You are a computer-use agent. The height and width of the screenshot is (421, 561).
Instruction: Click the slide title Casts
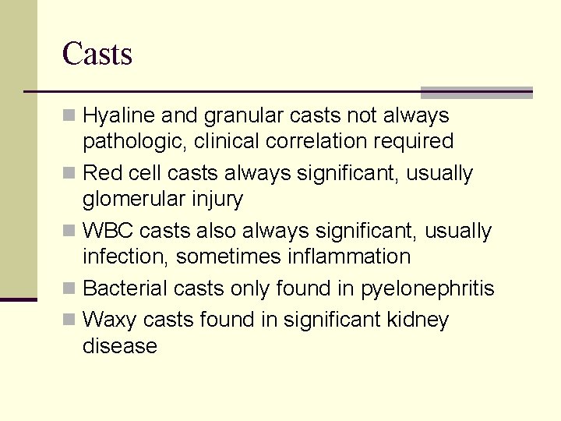tap(97, 54)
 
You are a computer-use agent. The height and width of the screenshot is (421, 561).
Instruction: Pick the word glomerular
tap(134, 200)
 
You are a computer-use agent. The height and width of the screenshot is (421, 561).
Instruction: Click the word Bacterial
tap(125, 288)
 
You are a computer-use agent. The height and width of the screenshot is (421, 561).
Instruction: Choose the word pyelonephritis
tap(427, 289)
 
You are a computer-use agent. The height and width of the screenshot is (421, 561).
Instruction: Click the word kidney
tap(420, 320)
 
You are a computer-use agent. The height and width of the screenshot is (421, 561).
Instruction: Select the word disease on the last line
tap(120, 346)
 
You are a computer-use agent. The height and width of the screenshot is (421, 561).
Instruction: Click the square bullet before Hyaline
tap(70, 116)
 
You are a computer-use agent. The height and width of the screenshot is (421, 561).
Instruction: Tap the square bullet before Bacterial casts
tap(70, 288)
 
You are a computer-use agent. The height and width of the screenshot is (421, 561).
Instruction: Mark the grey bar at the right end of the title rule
tap(476, 92)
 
